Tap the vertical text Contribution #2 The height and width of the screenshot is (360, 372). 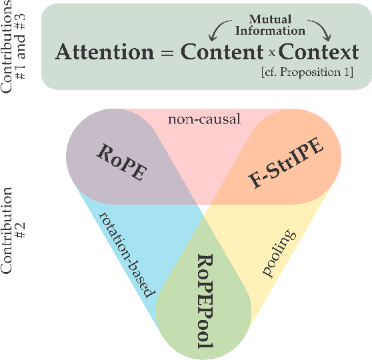(x=15, y=231)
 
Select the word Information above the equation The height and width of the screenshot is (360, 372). (x=272, y=31)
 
